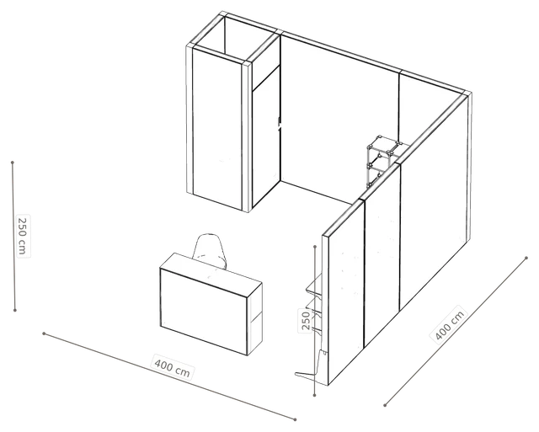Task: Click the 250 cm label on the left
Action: pos(23,236)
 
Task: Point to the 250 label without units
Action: pos(306,320)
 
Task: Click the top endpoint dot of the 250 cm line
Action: pos(13,163)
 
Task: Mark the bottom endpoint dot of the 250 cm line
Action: pos(15,311)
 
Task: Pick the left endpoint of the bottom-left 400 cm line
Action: pos(44,333)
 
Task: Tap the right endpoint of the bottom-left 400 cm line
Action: pos(296,419)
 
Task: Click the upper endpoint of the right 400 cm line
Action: pos(526,258)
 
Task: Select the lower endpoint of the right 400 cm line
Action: pos(385,406)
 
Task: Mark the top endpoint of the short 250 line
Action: pos(315,247)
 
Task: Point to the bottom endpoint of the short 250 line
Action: pos(315,396)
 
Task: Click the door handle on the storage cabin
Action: pos(280,124)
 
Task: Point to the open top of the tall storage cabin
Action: pos(234,39)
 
